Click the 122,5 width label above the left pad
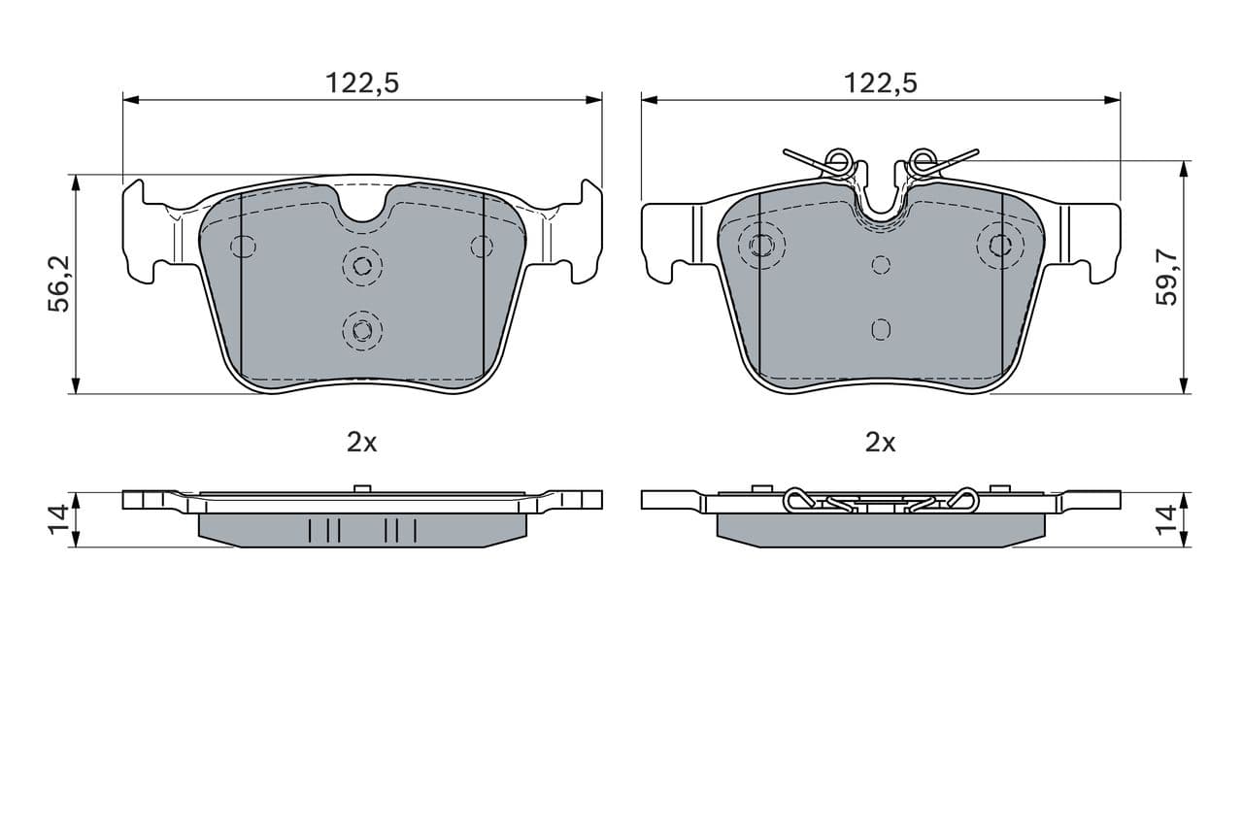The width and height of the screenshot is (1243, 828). [x=361, y=83]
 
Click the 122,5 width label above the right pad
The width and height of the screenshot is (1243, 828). [x=880, y=83]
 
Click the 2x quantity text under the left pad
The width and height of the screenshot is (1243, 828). [x=361, y=443]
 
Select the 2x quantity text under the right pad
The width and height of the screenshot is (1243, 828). [x=880, y=443]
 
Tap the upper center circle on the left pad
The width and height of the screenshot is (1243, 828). [x=362, y=265]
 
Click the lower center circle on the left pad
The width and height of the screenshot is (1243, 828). [x=362, y=330]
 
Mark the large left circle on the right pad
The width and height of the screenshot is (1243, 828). [x=761, y=244]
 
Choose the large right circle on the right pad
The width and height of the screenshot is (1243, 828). [x=1000, y=244]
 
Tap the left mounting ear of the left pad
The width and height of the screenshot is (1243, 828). [x=141, y=233]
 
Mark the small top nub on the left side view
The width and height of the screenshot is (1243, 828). [x=362, y=488]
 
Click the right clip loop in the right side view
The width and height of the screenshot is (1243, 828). [x=962, y=499]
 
